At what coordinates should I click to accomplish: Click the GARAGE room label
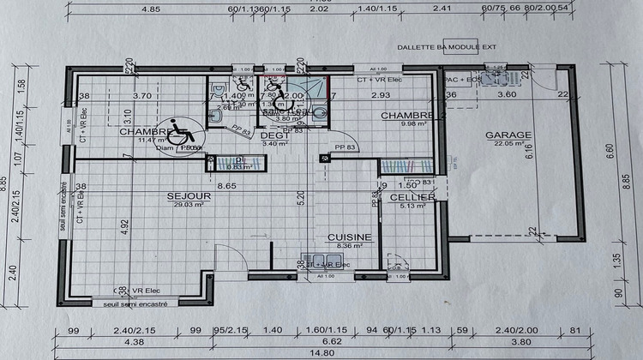pyautogui.click(x=508, y=135)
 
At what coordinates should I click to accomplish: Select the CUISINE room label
pyautogui.click(x=349, y=237)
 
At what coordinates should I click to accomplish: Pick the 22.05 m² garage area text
pyautogui.click(x=508, y=144)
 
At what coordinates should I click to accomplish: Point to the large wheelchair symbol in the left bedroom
pyautogui.click(x=180, y=131)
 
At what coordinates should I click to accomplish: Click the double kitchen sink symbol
pyautogui.click(x=316, y=260)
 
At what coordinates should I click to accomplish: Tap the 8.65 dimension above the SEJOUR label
pyautogui.click(x=228, y=185)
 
